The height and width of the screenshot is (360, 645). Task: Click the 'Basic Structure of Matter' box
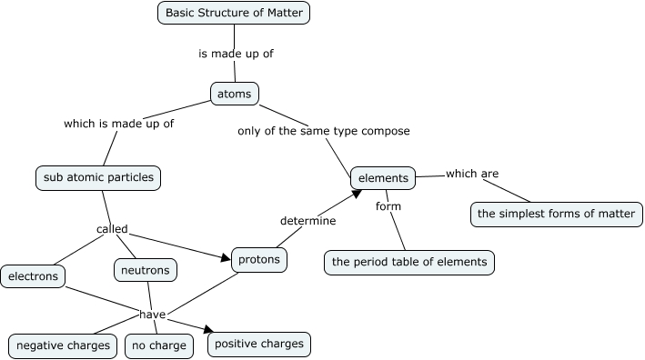[x=235, y=13]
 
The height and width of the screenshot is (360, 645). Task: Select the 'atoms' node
[x=235, y=94]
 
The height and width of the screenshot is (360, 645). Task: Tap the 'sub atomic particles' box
[x=98, y=177]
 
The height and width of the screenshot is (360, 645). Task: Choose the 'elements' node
[x=383, y=178]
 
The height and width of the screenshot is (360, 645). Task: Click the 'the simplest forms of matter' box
[x=557, y=215]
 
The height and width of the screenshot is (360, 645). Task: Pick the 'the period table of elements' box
[x=409, y=262]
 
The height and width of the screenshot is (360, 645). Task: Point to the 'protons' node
[x=259, y=260]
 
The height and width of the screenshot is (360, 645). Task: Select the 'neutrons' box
[x=146, y=270]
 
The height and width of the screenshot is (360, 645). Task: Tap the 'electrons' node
[x=34, y=275]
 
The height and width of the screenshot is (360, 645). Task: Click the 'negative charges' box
[x=64, y=345]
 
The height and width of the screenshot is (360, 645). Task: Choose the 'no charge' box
[x=158, y=345]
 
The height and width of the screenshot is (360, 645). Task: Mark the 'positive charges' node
[x=259, y=345]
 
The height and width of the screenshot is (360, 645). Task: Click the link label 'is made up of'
[x=236, y=54]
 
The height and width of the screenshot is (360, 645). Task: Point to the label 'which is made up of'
[x=118, y=124]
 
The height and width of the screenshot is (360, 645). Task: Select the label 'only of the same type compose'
[x=323, y=131]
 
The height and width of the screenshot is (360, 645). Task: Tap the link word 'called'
[x=112, y=229]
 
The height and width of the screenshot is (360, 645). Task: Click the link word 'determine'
[x=307, y=221]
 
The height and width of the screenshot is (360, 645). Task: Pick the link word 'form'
[x=388, y=206]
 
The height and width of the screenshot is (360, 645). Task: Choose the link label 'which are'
[x=471, y=174]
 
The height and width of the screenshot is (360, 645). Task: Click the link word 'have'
[x=151, y=315]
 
